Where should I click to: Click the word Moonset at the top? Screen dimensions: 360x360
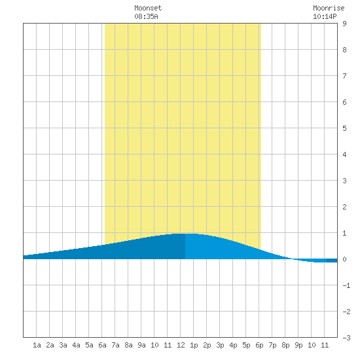tap(148, 8)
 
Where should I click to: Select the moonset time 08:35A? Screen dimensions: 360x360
tap(146, 16)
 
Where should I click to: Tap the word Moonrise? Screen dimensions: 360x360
tap(329, 8)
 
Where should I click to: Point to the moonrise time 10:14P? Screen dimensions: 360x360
tap(325, 16)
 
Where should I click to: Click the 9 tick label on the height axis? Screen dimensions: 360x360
tap(344, 24)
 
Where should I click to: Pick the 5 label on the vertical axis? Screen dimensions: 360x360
tap(344, 128)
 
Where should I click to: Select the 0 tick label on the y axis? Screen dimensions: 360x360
tap(344, 259)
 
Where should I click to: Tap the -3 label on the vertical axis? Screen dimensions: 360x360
tap(346, 338)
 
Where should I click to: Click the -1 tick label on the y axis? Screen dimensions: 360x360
tap(346, 285)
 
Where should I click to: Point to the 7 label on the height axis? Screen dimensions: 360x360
tap(344, 76)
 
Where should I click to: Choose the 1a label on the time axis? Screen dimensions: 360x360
tap(37, 345)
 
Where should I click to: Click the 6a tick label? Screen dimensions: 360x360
tap(102, 345)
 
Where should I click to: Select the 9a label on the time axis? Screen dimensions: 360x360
tap(141, 345)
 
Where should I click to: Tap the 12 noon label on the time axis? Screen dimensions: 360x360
tap(181, 345)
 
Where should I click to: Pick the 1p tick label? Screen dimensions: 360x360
tap(194, 346)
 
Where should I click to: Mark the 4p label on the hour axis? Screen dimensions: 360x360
tap(233, 346)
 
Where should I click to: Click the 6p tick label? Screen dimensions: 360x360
tap(259, 346)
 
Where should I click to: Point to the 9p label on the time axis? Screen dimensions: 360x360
tap(298, 346)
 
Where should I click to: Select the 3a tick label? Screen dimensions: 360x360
tap(63, 345)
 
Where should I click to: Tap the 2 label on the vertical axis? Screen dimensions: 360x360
tap(344, 207)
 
